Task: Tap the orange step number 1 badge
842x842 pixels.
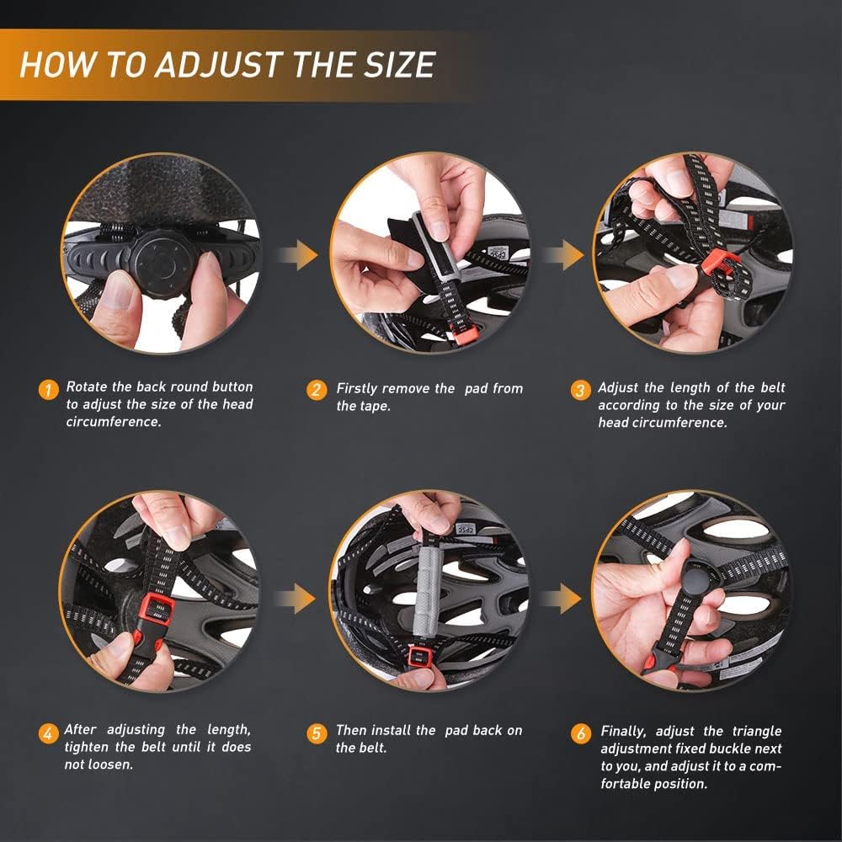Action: click(49, 389)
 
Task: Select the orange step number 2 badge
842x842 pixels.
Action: click(317, 390)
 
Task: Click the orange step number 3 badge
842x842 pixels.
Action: click(579, 390)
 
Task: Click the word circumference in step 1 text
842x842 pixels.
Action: click(113, 422)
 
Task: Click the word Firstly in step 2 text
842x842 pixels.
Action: click(356, 389)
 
